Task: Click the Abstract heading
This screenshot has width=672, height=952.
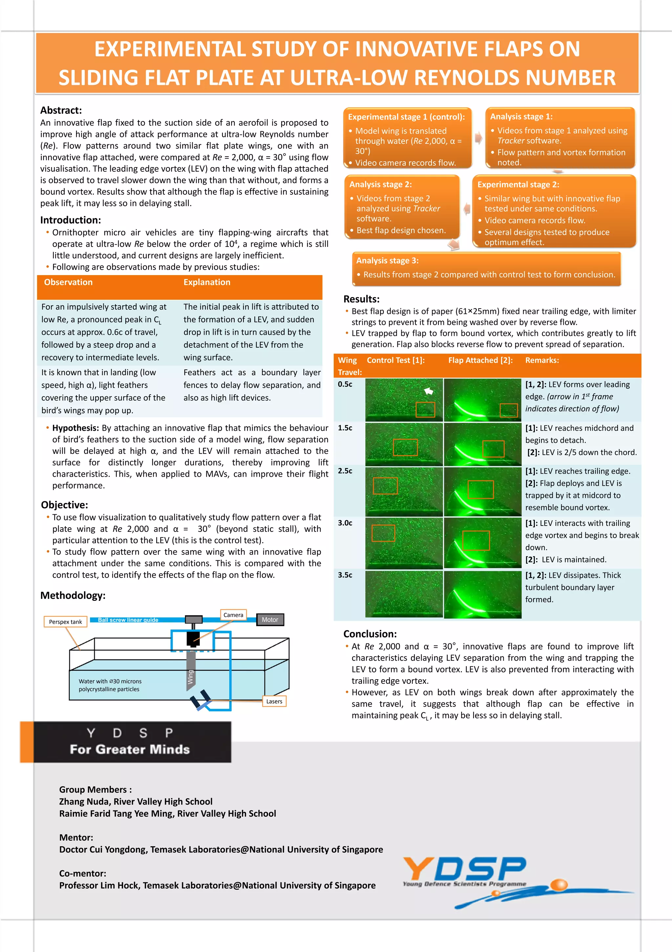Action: point(61,110)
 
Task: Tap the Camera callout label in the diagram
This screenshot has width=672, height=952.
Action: point(233,615)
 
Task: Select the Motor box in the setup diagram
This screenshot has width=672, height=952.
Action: point(270,619)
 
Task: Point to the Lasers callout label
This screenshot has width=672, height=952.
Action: point(274,701)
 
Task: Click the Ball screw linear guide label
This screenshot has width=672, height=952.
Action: point(128,620)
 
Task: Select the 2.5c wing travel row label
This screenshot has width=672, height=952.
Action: point(345,471)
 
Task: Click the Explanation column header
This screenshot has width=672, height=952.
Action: point(207,282)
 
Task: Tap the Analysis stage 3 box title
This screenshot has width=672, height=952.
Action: point(387,260)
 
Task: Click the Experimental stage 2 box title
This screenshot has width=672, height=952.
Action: point(518,184)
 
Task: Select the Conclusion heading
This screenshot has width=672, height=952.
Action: point(370,634)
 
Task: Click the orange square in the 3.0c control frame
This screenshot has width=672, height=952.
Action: point(383,533)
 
